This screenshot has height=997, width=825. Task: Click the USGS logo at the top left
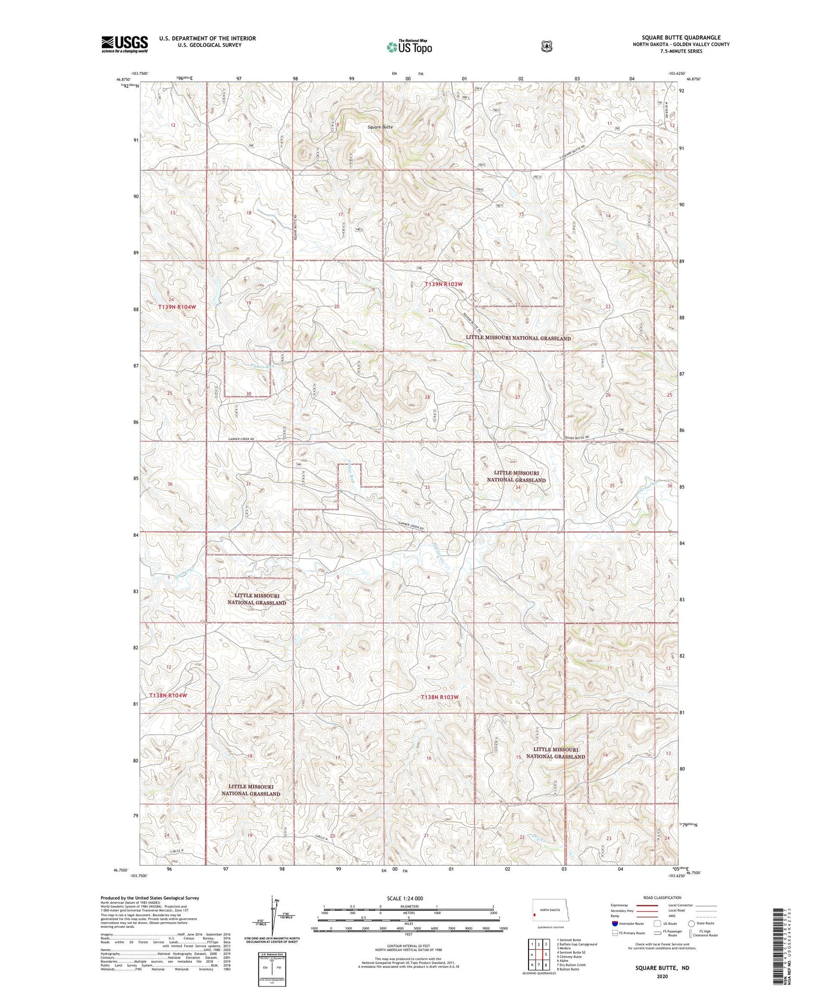[124, 44]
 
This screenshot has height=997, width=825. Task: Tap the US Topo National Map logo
[409, 47]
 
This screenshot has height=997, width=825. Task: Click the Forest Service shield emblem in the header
[546, 47]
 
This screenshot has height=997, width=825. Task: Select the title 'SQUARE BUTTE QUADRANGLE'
[681, 37]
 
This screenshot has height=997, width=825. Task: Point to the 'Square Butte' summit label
[381, 127]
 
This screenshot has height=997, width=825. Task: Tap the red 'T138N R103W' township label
[439, 697]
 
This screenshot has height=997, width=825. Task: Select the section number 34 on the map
[518, 488]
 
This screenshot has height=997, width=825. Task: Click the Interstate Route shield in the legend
[614, 923]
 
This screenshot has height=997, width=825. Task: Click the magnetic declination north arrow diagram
[273, 916]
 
